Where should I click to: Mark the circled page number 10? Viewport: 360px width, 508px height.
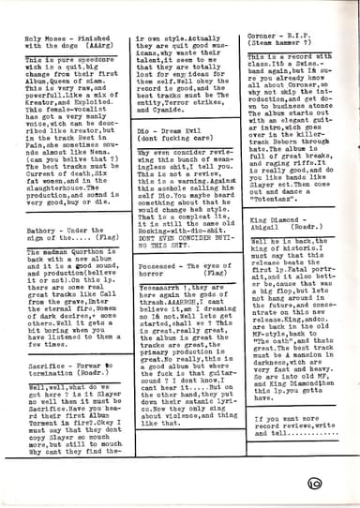click(x=339, y=485)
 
